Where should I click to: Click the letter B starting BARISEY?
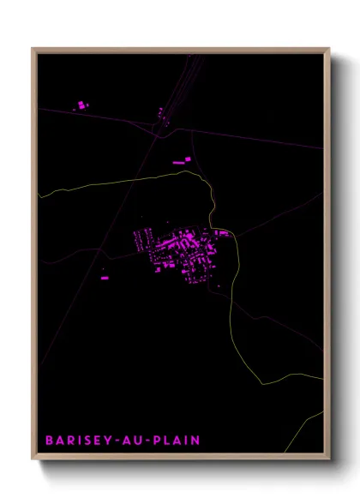point(49,441)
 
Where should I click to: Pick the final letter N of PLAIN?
point(196,441)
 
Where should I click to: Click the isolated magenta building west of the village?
point(105,278)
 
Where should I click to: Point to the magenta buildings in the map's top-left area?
point(81,105)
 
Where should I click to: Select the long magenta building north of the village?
point(180,161)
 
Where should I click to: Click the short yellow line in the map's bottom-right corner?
point(314,419)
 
